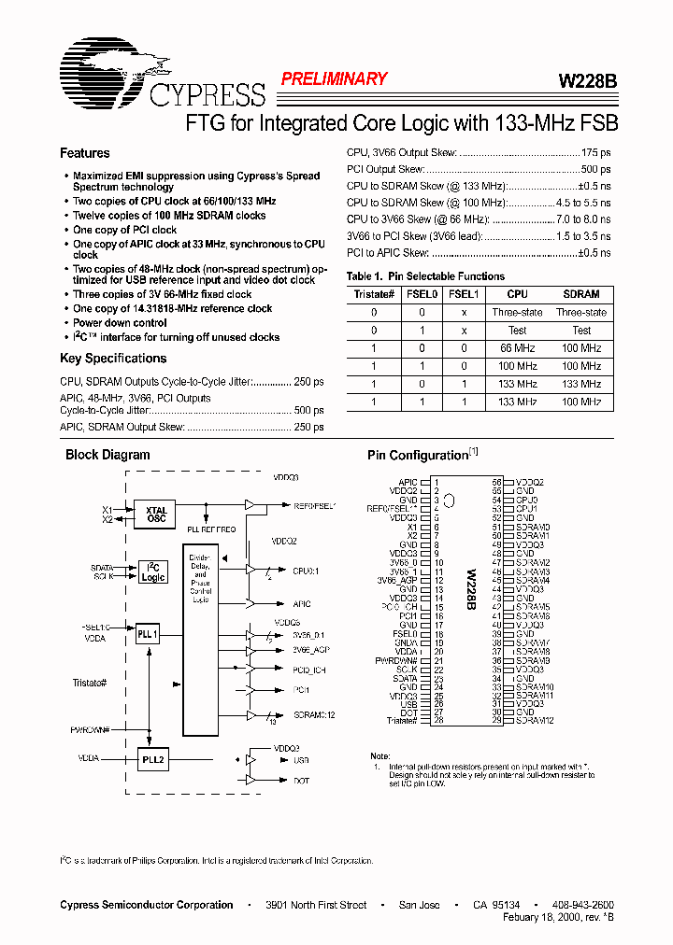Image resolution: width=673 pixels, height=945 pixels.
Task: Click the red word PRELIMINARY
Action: pyautogui.click(x=334, y=79)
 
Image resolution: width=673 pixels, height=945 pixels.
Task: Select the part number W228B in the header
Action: pyautogui.click(x=587, y=80)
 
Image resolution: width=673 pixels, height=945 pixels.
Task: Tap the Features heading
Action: pyautogui.click(x=85, y=153)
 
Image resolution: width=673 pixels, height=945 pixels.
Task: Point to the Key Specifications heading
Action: pyautogui.click(x=113, y=359)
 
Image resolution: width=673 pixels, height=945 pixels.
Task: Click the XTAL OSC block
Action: pyautogui.click(x=156, y=515)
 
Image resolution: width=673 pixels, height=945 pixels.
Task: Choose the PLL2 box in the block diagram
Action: pyautogui.click(x=153, y=760)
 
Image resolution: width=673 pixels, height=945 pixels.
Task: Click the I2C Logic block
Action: pyautogui.click(x=153, y=572)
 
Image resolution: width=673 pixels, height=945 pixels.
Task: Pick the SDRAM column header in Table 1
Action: pyautogui.click(x=581, y=294)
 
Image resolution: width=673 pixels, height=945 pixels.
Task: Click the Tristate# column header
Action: pyautogui.click(x=374, y=294)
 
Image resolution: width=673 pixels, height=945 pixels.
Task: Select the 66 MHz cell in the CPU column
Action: pyautogui.click(x=517, y=347)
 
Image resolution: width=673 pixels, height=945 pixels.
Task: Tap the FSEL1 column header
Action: pyautogui.click(x=464, y=294)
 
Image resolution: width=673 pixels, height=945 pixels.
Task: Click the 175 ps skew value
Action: pyautogui.click(x=595, y=152)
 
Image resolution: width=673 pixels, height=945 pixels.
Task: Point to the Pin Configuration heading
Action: pyautogui.click(x=418, y=456)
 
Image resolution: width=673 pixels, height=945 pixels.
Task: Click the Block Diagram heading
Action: pyautogui.click(x=107, y=456)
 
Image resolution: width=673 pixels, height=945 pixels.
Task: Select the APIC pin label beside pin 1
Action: pyautogui.click(x=408, y=483)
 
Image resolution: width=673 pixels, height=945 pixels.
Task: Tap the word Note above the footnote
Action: pyautogui.click(x=380, y=756)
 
